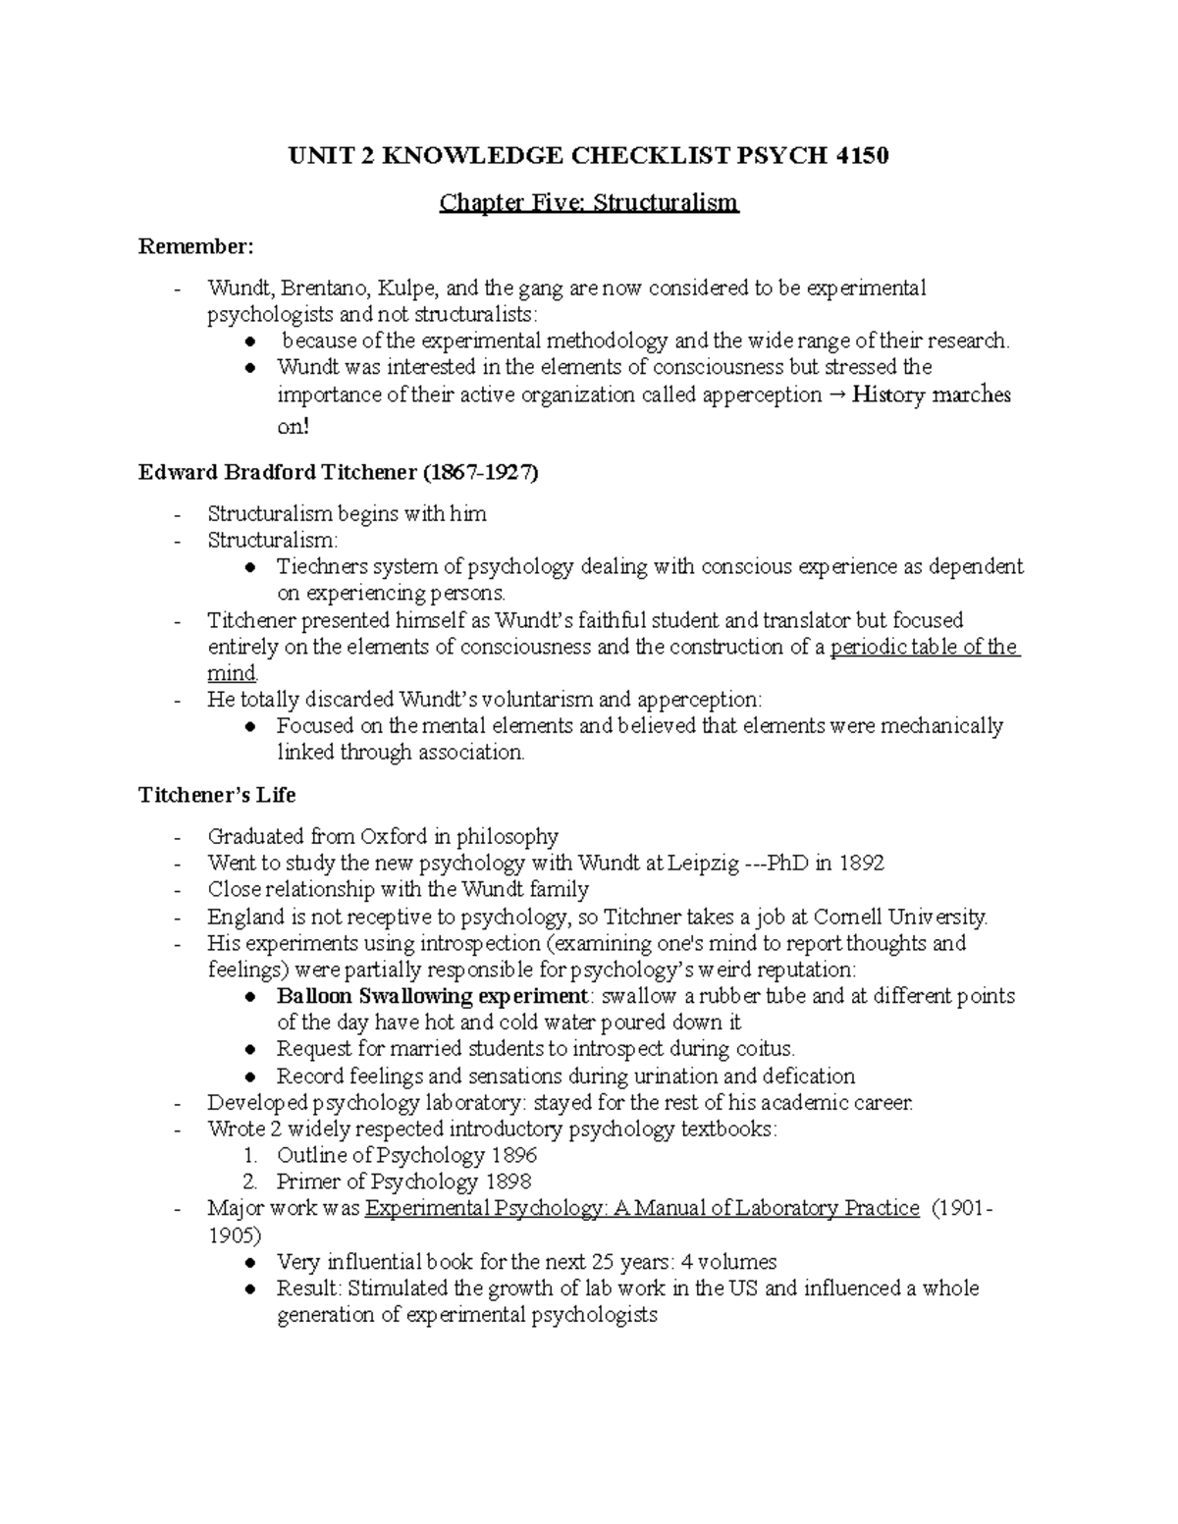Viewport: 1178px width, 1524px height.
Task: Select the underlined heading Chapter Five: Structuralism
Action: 588,203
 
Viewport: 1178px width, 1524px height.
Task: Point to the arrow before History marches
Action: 836,395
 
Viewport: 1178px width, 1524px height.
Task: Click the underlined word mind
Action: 232,674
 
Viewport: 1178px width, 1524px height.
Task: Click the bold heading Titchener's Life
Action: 217,794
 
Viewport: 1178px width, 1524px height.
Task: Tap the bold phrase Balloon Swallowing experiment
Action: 432,996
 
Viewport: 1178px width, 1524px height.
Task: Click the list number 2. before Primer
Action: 251,1182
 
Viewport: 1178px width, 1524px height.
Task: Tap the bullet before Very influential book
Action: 252,1263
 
